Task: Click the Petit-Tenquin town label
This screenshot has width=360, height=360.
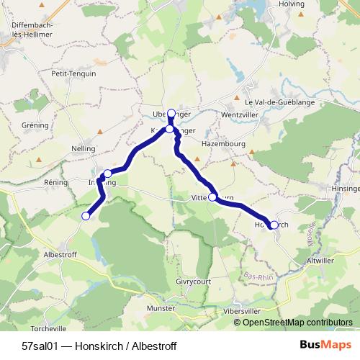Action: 73,73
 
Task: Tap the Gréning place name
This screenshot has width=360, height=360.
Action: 35,125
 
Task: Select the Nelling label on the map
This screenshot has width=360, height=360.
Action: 84,148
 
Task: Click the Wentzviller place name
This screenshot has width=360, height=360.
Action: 240,114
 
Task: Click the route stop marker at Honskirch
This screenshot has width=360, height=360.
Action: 274,225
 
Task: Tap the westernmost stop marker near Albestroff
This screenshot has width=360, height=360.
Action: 86,215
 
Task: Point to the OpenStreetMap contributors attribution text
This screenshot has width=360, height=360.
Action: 294,322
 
